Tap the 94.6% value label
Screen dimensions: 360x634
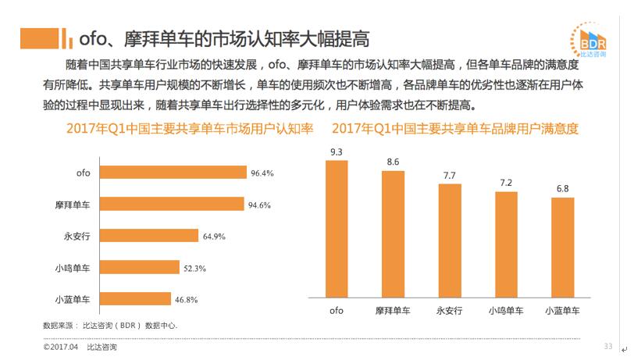[x=260, y=205]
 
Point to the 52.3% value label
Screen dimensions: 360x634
[x=194, y=268]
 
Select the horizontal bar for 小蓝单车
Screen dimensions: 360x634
[x=137, y=299]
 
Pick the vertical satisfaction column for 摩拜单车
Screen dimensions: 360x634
[x=394, y=233]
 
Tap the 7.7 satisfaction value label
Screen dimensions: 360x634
[x=449, y=175]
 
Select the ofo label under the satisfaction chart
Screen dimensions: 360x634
[x=337, y=311]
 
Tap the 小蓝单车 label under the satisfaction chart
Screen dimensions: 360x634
[x=562, y=311]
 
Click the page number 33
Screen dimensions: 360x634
[x=608, y=346]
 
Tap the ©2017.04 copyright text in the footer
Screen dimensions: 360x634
[x=61, y=347]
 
